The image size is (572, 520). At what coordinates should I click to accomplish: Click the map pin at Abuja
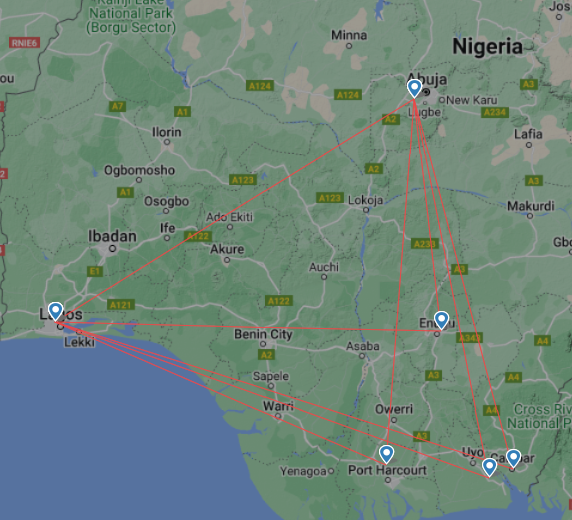pos(415,88)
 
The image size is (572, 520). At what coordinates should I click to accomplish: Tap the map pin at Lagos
pos(56,311)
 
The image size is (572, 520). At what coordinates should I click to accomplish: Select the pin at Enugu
pos(441,320)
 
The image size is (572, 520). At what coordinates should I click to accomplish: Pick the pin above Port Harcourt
pos(387,454)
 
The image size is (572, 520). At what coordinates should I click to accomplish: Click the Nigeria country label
pos(487,46)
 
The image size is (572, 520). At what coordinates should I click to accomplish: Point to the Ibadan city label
pos(113,237)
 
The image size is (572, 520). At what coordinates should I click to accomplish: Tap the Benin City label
pos(263,334)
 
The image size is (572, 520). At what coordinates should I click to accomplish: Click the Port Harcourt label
pos(387,470)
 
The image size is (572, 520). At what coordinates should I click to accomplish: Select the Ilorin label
pos(166,132)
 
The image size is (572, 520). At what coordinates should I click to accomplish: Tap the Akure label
pos(227,249)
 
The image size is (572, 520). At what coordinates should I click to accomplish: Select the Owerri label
pos(393,409)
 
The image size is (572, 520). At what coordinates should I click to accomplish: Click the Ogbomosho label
pos(139,171)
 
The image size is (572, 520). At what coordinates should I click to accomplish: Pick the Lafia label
pos(527,132)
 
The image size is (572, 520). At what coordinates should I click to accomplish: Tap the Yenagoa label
pos(303,470)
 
